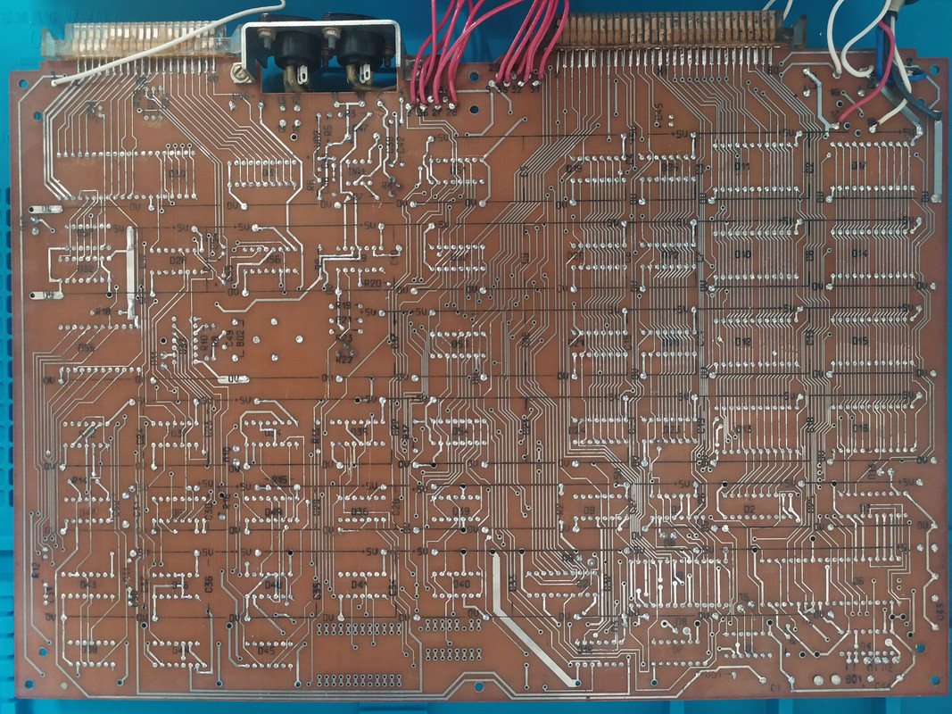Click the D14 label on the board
[860, 253]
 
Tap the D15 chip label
[860, 342]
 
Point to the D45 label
[266, 651]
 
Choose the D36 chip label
[360, 511]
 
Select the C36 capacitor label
[208, 585]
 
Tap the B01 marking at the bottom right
[853, 678]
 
